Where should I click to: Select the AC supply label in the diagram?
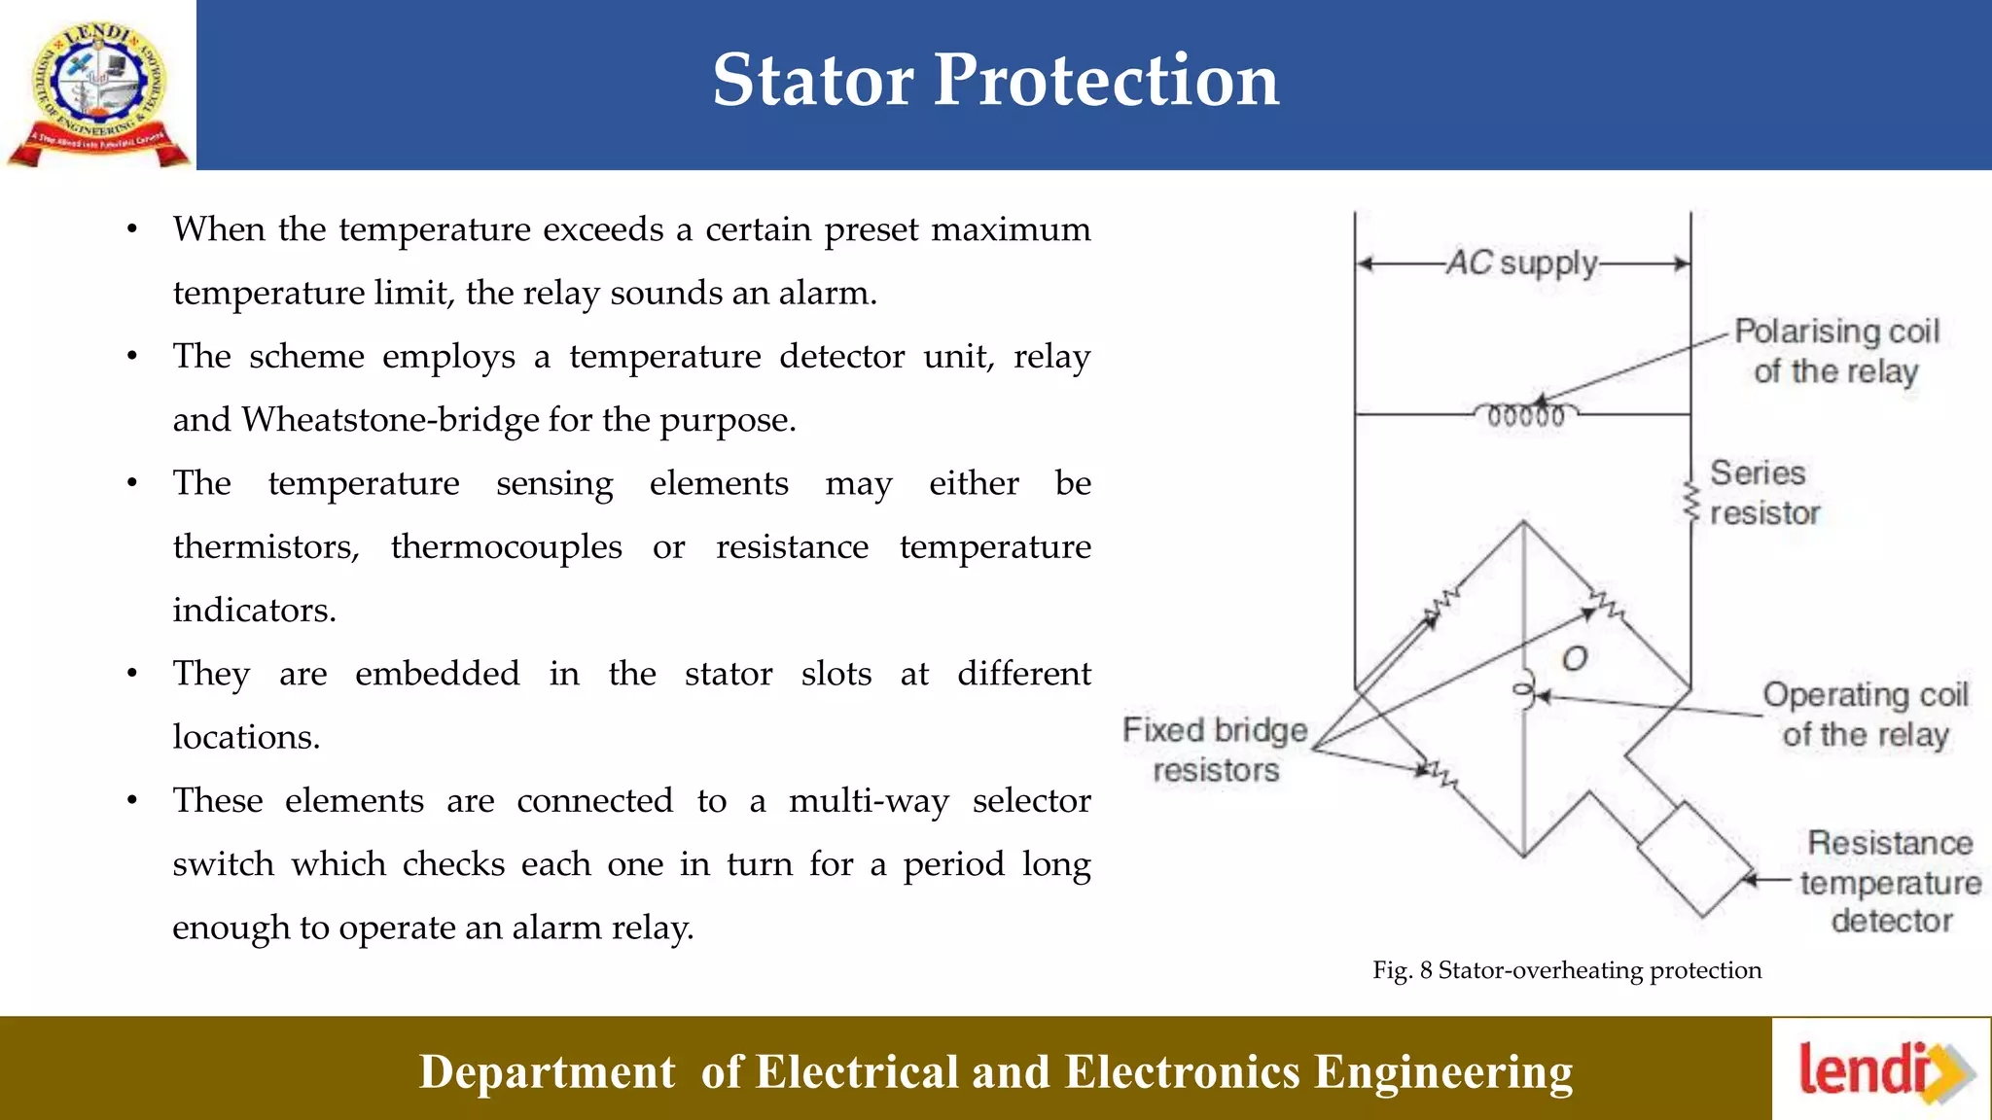(x=1522, y=263)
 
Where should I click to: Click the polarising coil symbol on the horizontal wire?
(x=1526, y=415)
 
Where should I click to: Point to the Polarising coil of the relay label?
(x=1836, y=351)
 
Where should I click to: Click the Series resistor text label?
(x=1763, y=493)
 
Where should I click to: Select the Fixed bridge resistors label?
(x=1215, y=750)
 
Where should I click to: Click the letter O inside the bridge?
(x=1575, y=659)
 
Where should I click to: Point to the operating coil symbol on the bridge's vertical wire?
(x=1525, y=691)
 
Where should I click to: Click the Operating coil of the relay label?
(x=1865, y=715)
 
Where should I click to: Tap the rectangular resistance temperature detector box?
(x=1696, y=859)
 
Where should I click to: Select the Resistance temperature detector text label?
(x=1890, y=881)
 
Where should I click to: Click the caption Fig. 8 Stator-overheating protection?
(x=1566, y=970)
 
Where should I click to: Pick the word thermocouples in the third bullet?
(x=506, y=546)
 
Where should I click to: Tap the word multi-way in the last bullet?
(x=869, y=800)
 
